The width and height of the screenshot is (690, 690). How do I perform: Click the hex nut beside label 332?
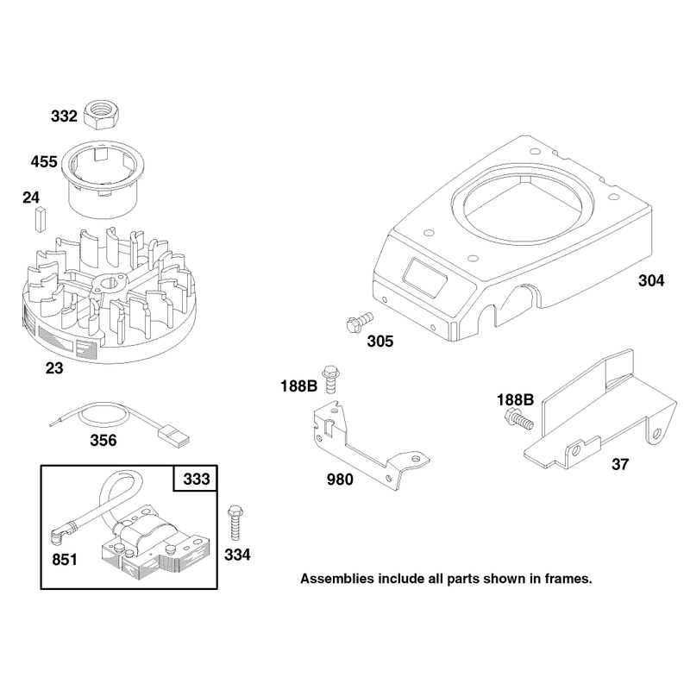coord(103,115)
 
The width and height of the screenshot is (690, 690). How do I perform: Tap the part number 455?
coord(44,161)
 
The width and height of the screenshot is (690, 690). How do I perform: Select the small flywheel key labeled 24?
coord(40,219)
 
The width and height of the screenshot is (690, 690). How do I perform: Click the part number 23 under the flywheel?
coord(54,368)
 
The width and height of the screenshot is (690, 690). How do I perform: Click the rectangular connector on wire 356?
coord(175,437)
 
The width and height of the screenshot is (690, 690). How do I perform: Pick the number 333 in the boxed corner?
coord(197,479)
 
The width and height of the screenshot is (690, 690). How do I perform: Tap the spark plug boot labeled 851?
coord(60,533)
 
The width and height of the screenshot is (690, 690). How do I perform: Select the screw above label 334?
coord(235,523)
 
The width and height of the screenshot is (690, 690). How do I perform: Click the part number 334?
coord(237,555)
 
